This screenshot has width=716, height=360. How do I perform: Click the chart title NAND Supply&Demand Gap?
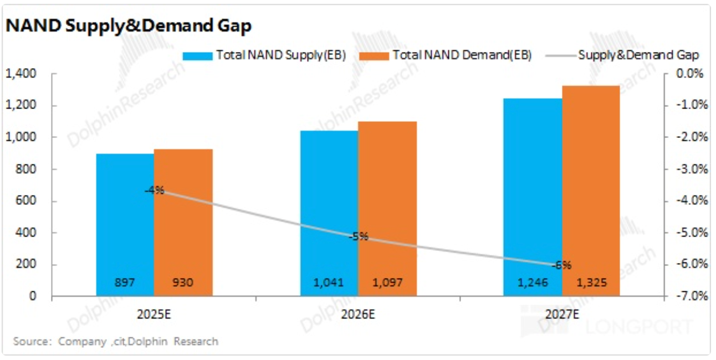[129, 25]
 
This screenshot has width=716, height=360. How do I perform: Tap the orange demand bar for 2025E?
[183, 222]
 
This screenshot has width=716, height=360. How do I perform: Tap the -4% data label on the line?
[154, 191]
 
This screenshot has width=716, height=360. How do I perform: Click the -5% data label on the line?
[359, 236]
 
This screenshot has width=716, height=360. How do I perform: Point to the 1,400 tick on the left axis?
[21, 74]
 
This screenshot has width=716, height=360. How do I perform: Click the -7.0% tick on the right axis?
[691, 296]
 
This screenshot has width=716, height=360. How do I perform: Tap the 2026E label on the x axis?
[357, 315]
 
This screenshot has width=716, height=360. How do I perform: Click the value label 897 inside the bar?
[125, 283]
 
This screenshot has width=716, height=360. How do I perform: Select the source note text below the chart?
[116, 341]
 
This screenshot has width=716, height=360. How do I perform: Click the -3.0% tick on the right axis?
[691, 169]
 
